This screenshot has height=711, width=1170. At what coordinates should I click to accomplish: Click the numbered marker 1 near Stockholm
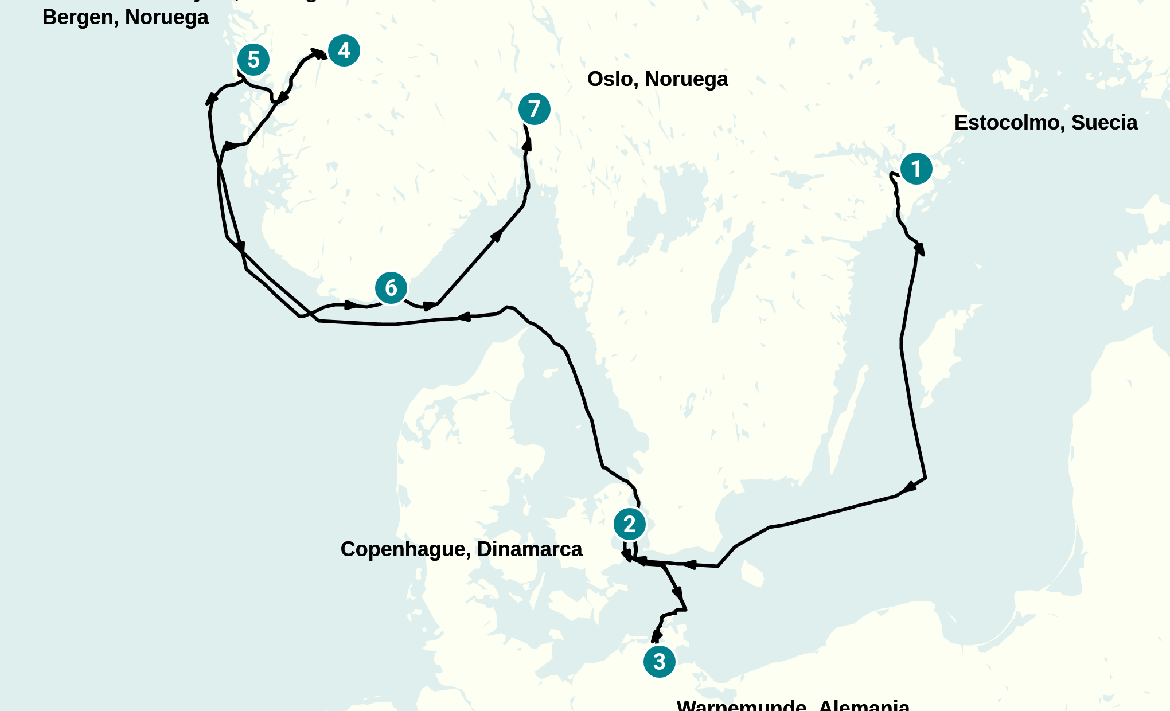(916, 169)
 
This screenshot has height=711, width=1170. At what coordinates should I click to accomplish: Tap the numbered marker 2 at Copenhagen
(629, 524)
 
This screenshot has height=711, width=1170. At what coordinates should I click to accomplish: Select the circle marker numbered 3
(659, 662)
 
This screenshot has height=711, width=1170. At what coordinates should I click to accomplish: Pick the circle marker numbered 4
(344, 50)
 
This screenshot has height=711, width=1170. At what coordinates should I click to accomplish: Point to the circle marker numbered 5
(253, 60)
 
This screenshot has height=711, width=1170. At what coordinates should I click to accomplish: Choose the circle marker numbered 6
(391, 288)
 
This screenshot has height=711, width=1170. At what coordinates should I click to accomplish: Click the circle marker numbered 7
(534, 109)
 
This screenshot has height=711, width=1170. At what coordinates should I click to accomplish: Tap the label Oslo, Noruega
(657, 79)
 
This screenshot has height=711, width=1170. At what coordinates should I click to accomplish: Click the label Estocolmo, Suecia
(1045, 123)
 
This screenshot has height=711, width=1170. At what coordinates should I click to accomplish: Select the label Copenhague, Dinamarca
(461, 549)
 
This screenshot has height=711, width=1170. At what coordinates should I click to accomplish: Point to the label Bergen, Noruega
(125, 17)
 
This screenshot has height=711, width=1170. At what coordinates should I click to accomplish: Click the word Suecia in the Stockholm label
(1104, 123)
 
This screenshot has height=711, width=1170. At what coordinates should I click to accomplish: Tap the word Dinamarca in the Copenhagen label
(529, 549)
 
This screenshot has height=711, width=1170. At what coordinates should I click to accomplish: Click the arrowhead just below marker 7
(526, 144)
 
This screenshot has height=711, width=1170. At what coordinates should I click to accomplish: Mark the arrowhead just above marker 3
(656, 636)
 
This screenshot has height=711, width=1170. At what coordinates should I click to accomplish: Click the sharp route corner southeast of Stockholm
(925, 477)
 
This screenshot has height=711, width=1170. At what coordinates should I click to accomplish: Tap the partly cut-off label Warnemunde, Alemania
(793, 705)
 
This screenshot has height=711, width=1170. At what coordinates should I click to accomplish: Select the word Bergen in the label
(78, 17)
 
